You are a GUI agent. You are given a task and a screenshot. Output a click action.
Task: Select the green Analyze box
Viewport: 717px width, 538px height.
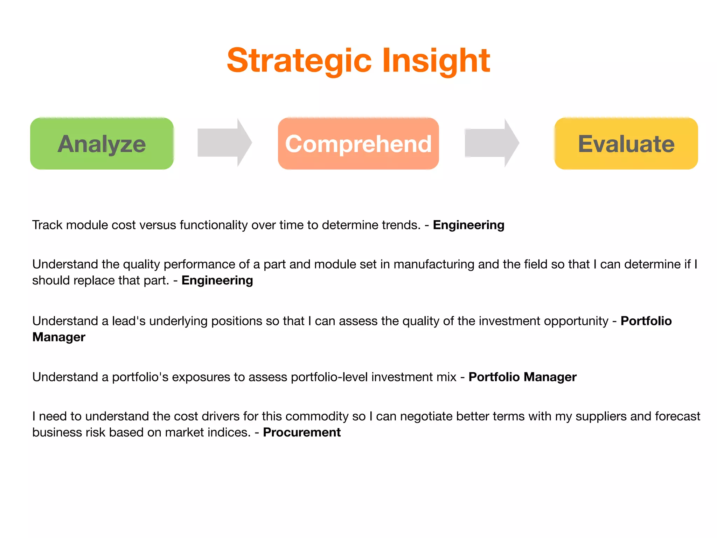click(x=102, y=144)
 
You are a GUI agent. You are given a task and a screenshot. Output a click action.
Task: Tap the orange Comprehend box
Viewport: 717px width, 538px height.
click(x=358, y=144)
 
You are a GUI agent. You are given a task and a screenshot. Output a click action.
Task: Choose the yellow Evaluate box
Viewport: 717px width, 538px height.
click(x=626, y=144)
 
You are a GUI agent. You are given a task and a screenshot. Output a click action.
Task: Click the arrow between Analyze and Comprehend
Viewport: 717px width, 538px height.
click(x=224, y=143)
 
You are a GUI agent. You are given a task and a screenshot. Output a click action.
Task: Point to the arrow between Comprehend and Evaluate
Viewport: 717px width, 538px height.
click(x=491, y=143)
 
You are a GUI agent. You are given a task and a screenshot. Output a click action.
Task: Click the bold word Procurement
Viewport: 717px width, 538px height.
click(x=302, y=432)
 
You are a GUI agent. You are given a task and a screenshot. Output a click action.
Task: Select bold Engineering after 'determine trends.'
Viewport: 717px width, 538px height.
click(x=468, y=225)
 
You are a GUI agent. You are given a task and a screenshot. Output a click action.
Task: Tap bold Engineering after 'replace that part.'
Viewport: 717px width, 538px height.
click(x=217, y=280)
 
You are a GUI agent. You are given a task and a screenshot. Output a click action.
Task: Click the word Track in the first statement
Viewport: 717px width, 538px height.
click(x=47, y=225)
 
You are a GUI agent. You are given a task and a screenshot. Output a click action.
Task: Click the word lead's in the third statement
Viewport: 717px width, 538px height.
click(x=128, y=321)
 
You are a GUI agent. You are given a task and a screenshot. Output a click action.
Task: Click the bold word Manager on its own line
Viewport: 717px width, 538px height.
click(x=59, y=337)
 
